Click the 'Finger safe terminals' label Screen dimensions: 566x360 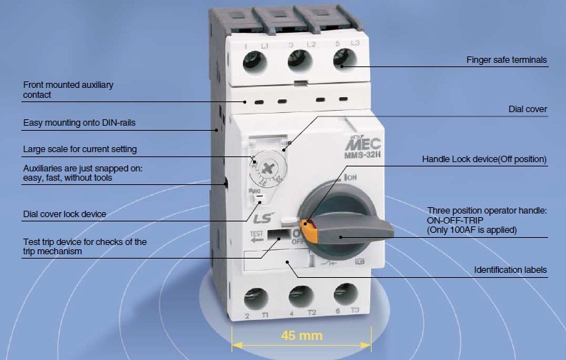tap(507, 61)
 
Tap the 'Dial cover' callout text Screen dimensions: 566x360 tap(527, 109)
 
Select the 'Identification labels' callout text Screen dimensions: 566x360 tap(511, 270)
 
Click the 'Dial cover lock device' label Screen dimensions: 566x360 tap(64, 214)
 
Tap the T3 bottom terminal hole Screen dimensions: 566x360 tap(345, 294)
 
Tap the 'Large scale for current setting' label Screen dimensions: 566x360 tap(80, 149)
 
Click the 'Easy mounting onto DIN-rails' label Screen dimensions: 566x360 tap(79, 123)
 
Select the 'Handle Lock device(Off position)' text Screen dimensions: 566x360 tap(484, 159)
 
